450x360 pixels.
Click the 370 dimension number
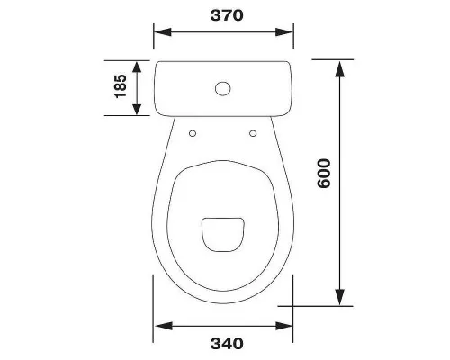point(227,15)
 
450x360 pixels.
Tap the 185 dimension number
point(121,86)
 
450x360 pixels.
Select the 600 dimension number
point(324,174)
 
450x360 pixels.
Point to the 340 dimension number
point(227,344)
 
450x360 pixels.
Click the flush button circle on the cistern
point(223,89)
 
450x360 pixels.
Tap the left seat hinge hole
point(193,133)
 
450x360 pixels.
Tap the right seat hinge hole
point(253,133)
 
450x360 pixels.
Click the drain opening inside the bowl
point(223,234)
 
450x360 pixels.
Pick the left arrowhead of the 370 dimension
point(163,32)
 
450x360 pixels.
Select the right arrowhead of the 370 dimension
point(284,32)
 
